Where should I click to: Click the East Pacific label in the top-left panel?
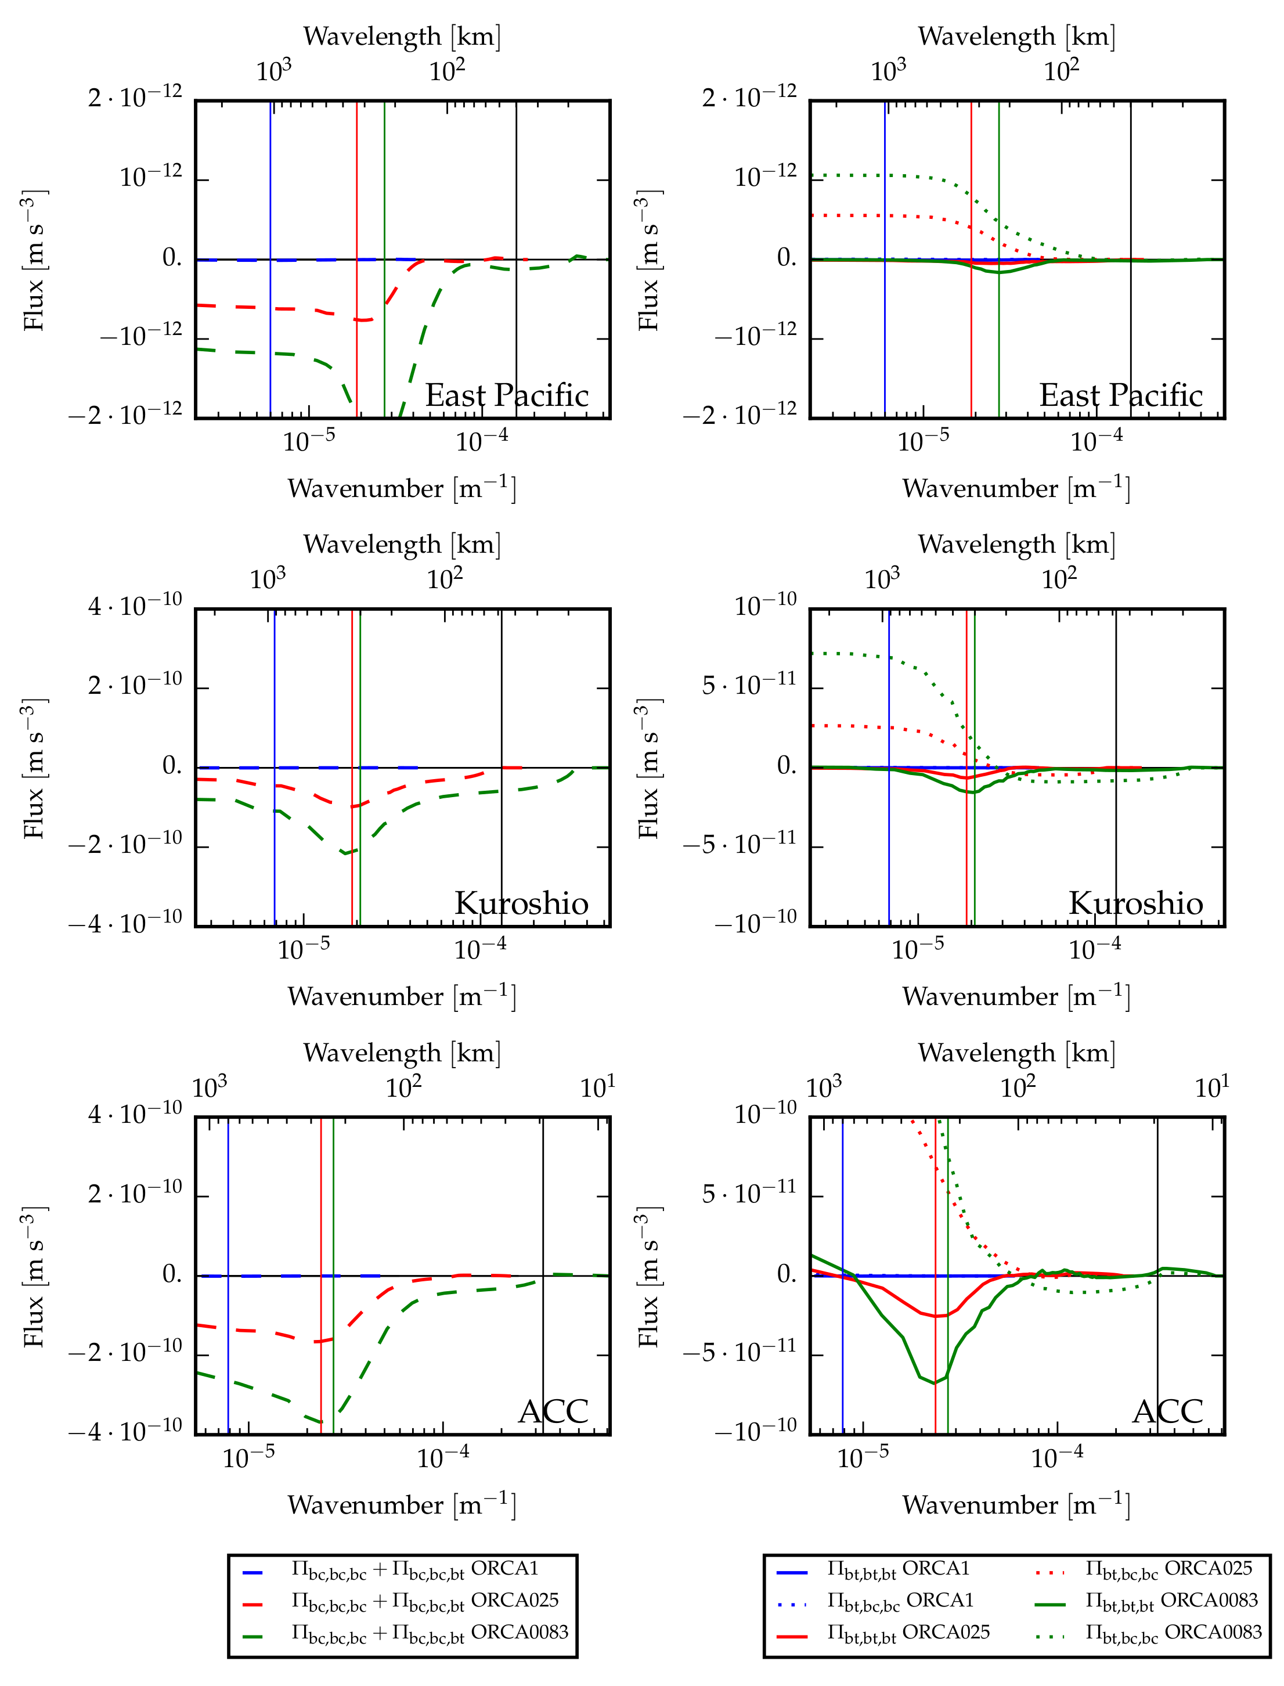click(x=507, y=396)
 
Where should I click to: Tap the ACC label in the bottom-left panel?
click(x=553, y=1411)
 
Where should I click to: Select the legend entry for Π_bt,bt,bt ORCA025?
click(x=883, y=1632)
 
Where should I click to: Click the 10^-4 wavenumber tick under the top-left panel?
click(x=482, y=442)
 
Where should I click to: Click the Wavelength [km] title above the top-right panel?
click(x=1016, y=36)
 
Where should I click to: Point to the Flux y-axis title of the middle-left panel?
click(x=34, y=768)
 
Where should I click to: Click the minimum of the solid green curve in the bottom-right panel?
click(x=934, y=1382)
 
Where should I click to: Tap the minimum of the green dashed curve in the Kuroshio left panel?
click(x=344, y=852)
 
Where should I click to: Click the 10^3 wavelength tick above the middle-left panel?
click(x=268, y=579)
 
